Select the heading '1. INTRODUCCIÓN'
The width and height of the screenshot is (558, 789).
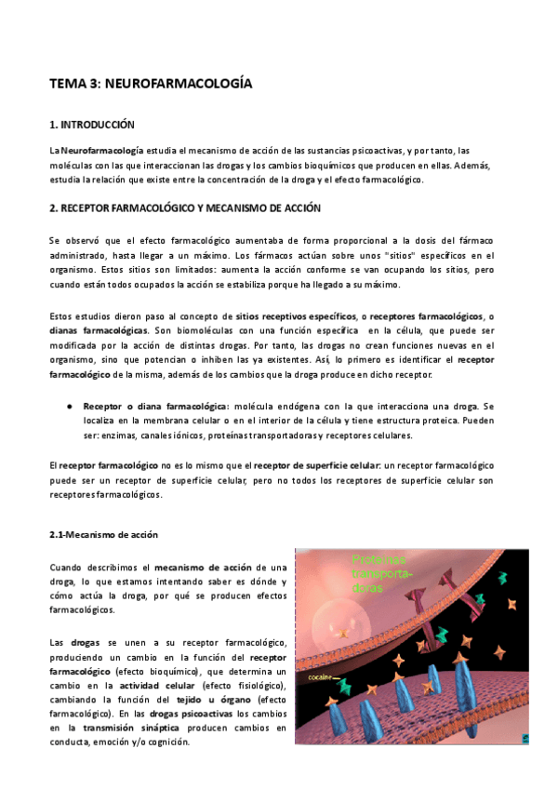pos(92,125)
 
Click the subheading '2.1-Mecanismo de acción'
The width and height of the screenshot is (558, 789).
pos(103,535)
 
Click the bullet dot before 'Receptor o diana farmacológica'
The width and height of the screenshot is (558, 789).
pos(71,407)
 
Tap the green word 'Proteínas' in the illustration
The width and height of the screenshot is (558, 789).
pos(379,560)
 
